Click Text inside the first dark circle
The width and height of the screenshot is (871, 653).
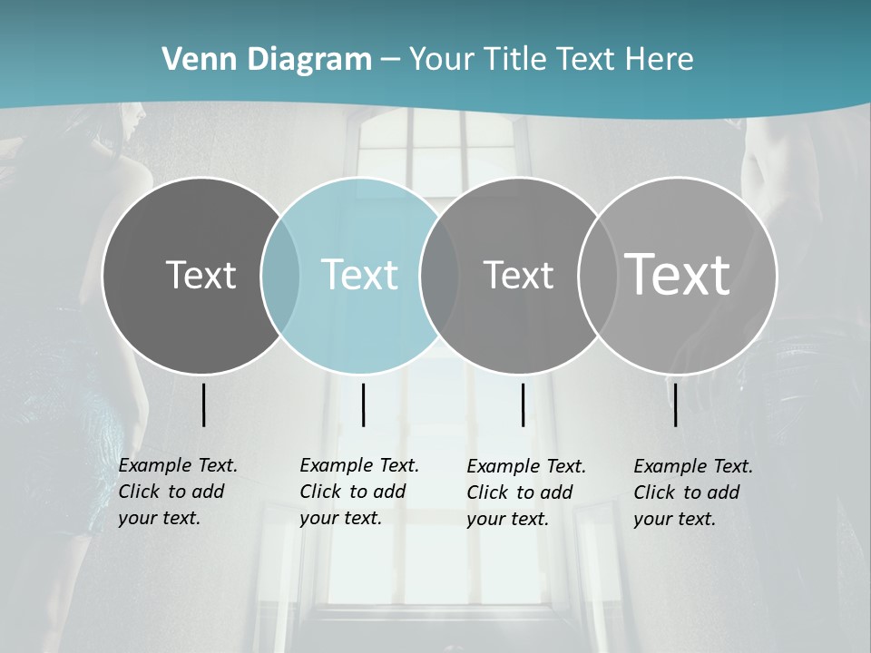(x=201, y=275)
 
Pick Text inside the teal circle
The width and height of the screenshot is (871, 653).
(x=359, y=275)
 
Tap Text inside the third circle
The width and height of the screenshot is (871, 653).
(x=518, y=275)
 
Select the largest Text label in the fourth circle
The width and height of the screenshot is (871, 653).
(x=678, y=274)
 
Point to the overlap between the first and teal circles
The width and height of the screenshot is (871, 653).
(x=280, y=276)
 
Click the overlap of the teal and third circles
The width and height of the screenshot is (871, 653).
(x=439, y=276)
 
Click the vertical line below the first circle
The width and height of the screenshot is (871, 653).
(x=203, y=404)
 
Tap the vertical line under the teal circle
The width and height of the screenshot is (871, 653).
(x=363, y=404)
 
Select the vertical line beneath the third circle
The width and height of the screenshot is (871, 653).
(x=523, y=404)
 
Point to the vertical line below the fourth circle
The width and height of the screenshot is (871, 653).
(x=675, y=404)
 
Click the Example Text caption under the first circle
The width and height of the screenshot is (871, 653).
(x=178, y=492)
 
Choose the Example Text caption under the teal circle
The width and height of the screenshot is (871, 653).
(x=359, y=492)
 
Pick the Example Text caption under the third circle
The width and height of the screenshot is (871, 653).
(x=526, y=492)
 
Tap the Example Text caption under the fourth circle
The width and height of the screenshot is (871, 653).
(x=693, y=492)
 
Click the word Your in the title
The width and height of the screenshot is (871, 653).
(x=442, y=60)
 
